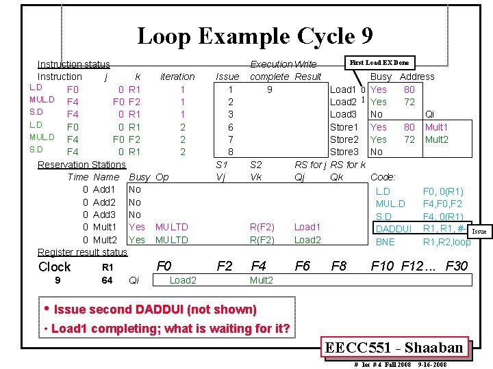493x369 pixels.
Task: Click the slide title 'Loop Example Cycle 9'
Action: coord(255,36)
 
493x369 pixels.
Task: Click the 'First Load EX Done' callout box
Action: coord(379,63)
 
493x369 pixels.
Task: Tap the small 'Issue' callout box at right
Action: coord(479,232)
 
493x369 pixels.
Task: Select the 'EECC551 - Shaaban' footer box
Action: coord(395,348)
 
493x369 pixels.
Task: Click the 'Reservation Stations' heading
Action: coord(81,164)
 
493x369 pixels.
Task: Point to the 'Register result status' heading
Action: coord(82,252)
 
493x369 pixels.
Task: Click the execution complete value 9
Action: coord(270,89)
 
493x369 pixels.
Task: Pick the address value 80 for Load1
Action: coord(409,89)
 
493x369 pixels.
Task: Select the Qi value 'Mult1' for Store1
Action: coord(437,126)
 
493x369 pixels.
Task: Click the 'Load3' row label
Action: coord(344,114)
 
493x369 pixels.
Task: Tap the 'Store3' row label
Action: coord(344,152)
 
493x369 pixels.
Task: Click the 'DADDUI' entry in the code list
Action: coord(394,229)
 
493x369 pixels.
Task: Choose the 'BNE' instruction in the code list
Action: coord(385,242)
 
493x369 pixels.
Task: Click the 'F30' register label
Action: coord(457,266)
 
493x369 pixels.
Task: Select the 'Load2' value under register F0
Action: coord(183,280)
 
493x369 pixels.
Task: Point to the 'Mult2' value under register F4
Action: coord(262,280)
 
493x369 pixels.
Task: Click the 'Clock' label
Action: coord(54,267)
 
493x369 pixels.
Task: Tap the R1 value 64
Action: coord(107,280)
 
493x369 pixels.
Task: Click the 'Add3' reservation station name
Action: coord(104,215)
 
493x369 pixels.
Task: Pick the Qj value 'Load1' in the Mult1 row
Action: coord(307,227)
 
